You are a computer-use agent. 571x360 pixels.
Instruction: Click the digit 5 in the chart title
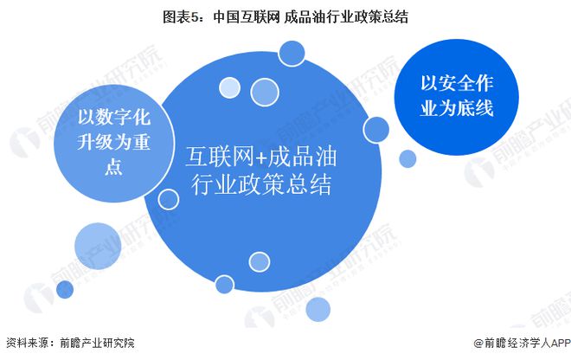click(x=196, y=17)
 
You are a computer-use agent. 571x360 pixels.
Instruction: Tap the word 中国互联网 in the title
click(x=247, y=17)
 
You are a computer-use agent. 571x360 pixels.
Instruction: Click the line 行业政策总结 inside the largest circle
click(x=261, y=184)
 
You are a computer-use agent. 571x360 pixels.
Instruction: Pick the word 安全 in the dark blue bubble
click(x=457, y=83)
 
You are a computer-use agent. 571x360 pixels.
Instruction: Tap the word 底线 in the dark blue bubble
click(x=475, y=108)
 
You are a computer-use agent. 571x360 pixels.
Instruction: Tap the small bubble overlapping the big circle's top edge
click(x=292, y=53)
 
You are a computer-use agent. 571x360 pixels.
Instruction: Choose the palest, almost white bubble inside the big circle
click(x=229, y=87)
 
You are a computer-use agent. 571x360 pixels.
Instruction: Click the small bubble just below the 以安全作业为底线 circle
click(x=407, y=159)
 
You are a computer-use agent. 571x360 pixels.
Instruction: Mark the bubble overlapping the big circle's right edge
click(x=375, y=130)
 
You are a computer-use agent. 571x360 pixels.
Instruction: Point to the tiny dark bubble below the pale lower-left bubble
click(x=65, y=290)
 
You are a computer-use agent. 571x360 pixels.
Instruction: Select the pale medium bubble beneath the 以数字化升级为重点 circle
click(x=98, y=246)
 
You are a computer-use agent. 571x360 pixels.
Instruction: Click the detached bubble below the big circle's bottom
click(x=318, y=309)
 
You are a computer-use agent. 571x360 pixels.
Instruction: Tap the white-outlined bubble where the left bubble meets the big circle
click(x=169, y=199)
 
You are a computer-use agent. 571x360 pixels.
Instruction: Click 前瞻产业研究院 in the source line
click(x=97, y=343)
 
